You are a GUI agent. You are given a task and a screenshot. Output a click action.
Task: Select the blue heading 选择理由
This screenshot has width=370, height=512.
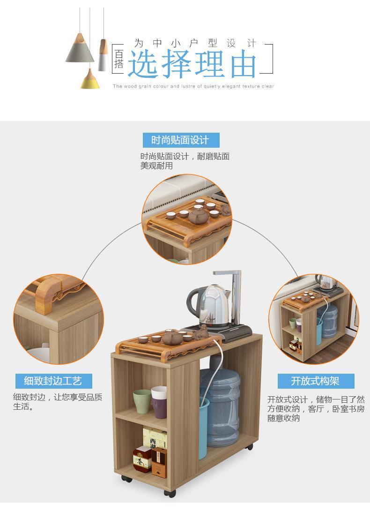[x=192, y=64]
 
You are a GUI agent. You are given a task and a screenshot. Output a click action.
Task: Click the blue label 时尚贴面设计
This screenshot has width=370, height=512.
[x=180, y=140]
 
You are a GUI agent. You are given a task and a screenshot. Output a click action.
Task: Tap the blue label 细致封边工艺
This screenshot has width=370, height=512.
[x=53, y=381]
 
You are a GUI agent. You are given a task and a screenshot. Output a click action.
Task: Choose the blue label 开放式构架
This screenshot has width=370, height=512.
[x=315, y=381]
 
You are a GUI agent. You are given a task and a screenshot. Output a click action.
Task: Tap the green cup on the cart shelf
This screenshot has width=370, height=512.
[x=142, y=401]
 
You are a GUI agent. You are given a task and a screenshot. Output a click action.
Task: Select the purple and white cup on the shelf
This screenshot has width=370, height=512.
[x=159, y=402]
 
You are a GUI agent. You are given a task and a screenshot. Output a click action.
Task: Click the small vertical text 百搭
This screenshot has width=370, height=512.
[x=119, y=60]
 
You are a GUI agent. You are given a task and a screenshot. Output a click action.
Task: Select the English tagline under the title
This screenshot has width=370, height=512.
[x=193, y=87]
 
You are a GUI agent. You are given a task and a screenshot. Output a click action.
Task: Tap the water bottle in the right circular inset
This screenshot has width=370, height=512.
[x=328, y=321]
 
